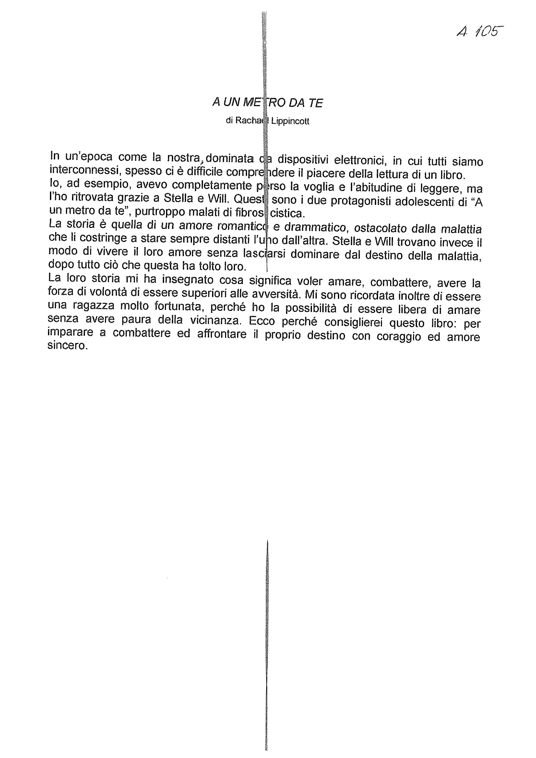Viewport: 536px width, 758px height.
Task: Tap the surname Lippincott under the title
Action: [x=290, y=122]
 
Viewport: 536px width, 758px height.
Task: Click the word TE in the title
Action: [x=316, y=103]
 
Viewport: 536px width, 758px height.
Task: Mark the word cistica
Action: [x=287, y=214]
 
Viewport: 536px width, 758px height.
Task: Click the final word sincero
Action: [x=67, y=346]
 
